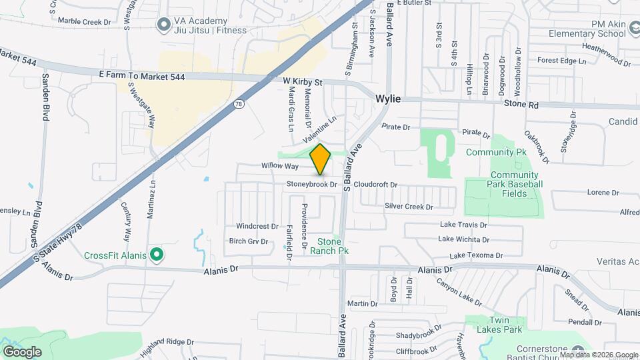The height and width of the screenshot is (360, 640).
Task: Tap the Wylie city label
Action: pyautogui.click(x=388, y=99)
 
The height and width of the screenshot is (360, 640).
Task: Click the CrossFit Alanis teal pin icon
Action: pyautogui.click(x=156, y=255)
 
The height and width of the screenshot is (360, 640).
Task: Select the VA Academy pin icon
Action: pyautogui.click(x=163, y=25)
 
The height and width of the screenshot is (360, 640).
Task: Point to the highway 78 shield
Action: pyautogui.click(x=239, y=104)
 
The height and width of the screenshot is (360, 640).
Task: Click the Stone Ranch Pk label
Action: pyautogui.click(x=333, y=246)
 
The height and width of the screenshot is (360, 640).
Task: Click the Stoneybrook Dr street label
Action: pyautogui.click(x=312, y=184)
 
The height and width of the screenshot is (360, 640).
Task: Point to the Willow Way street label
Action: pyautogui.click(x=279, y=165)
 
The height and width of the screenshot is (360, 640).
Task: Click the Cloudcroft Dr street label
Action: pyautogui.click(x=375, y=185)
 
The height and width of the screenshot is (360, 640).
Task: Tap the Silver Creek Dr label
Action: pyautogui.click(x=409, y=207)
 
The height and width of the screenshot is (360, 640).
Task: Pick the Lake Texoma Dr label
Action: pyautogui.click(x=476, y=255)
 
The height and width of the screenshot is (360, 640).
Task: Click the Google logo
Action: pyautogui.click(x=22, y=352)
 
